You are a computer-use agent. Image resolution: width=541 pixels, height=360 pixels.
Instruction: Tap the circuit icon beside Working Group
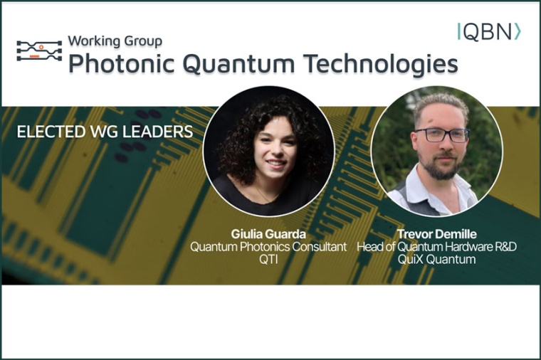pyautogui.click(x=39, y=51)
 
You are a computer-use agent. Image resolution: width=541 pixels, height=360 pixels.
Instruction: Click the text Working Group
pyautogui.click(x=115, y=41)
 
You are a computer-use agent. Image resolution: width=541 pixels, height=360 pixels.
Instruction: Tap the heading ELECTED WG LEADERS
pyautogui.click(x=104, y=132)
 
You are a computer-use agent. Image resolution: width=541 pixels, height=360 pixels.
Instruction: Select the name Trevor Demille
pyautogui.click(x=436, y=234)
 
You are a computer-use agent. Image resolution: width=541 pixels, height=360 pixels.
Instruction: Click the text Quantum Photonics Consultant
pyautogui.click(x=268, y=247)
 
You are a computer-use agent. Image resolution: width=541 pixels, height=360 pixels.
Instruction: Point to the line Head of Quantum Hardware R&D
pyautogui.click(x=436, y=247)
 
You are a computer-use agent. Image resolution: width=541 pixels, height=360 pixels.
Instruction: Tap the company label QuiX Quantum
pyautogui.click(x=436, y=260)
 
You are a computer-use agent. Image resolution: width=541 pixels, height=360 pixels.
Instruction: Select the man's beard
pyautogui.click(x=440, y=169)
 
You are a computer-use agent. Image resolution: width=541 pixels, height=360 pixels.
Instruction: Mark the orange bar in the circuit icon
pyautogui.click(x=33, y=55)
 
